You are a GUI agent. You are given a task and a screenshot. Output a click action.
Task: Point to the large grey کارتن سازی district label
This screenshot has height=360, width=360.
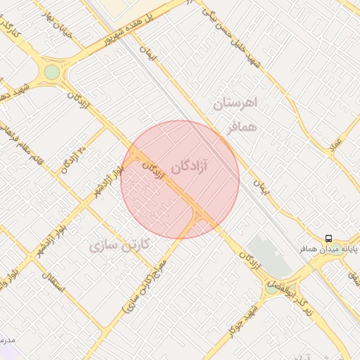[x=121, y=245]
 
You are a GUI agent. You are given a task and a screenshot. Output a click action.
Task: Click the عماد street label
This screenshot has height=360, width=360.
[x=337, y=143]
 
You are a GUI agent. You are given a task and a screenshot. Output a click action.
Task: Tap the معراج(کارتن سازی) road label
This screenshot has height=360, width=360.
[x=150, y=283]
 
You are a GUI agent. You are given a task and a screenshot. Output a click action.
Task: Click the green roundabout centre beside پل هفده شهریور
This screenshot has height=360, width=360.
[x=52, y=72]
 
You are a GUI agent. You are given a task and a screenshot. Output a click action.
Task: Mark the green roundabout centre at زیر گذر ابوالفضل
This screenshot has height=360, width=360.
[x=271, y=288]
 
